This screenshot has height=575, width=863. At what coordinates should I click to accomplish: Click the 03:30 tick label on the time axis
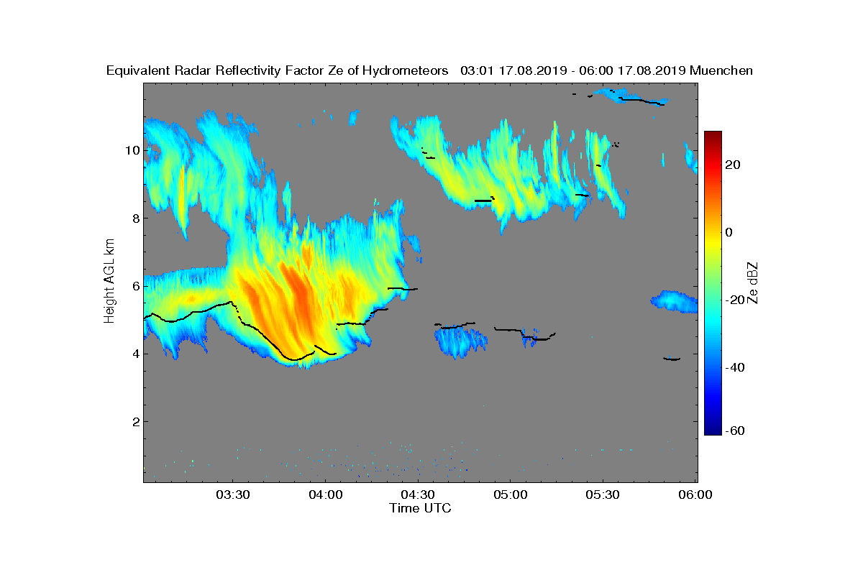tap(233, 494)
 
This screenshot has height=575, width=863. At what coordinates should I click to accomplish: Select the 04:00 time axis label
tap(326, 494)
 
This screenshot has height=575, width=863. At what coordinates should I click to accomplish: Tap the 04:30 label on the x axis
tap(418, 494)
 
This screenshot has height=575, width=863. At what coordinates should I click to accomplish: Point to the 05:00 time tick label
tap(511, 494)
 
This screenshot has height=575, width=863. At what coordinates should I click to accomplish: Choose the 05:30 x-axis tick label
tap(603, 494)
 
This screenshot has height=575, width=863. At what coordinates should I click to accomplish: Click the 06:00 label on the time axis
tap(695, 494)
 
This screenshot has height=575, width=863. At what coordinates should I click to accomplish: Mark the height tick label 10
tap(132, 151)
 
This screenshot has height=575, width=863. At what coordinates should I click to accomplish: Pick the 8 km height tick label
tap(136, 218)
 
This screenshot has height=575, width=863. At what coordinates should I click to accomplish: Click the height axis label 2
tap(136, 422)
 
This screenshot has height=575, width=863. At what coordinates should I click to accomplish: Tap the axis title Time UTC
tap(420, 508)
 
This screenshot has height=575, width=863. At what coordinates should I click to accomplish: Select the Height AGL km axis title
tap(109, 281)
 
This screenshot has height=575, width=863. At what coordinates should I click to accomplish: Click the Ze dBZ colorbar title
tap(752, 283)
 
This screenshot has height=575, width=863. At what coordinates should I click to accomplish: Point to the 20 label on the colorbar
tap(732, 165)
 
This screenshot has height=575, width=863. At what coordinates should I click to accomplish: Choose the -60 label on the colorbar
tap(735, 431)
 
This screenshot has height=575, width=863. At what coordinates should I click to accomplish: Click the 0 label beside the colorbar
tap(729, 232)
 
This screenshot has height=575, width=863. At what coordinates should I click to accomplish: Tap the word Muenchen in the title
tap(721, 70)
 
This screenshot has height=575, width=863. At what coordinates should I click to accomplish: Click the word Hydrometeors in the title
tap(405, 71)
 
